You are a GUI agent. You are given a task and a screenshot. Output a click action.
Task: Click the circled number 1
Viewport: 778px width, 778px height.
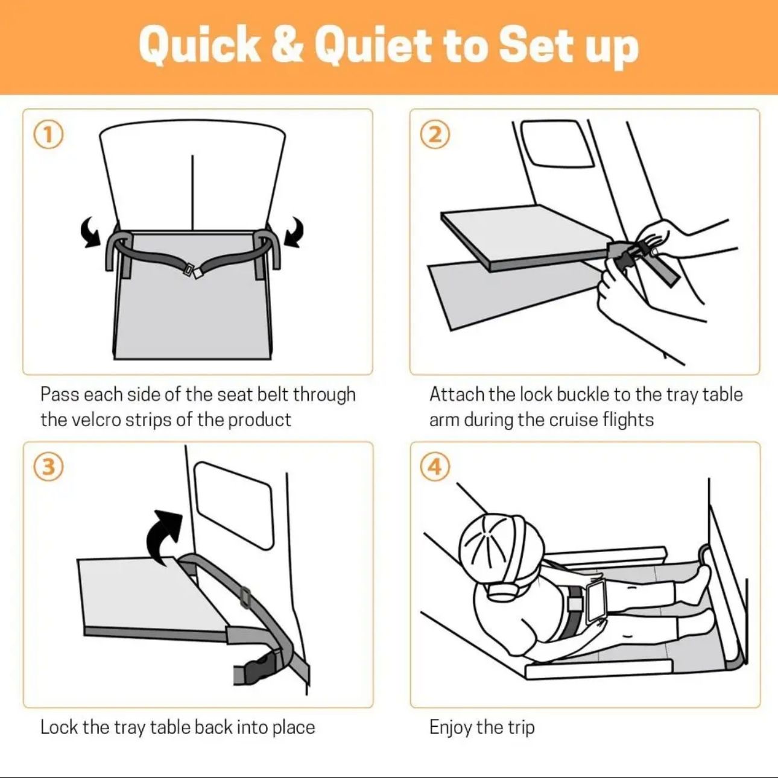click(x=48, y=134)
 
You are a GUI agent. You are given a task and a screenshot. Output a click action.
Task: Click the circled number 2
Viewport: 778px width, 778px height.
click(x=435, y=134)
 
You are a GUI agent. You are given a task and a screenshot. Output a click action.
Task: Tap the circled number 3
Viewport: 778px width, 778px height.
click(x=48, y=467)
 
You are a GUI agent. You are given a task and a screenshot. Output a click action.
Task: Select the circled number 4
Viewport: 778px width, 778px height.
click(x=435, y=467)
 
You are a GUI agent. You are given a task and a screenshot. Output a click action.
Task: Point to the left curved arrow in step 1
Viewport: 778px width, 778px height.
click(x=91, y=233)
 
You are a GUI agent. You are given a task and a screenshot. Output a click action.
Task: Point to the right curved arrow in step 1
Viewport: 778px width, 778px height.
click(x=294, y=231)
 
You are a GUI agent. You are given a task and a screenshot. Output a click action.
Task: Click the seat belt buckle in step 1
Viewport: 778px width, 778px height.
click(x=195, y=271)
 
